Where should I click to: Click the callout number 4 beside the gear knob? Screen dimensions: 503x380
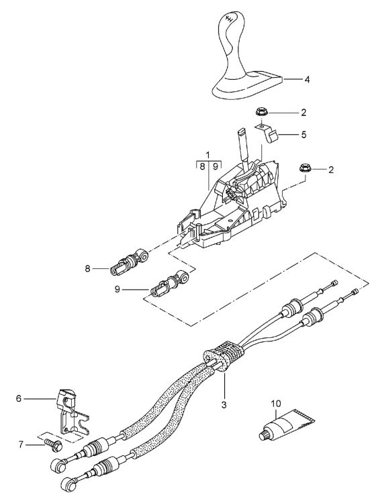pyautogui.click(x=307, y=79)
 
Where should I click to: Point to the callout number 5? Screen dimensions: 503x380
pyautogui.click(x=303, y=135)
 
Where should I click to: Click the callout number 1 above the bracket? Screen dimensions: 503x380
pyautogui.click(x=208, y=154)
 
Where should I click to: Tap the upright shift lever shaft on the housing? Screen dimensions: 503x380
pyautogui.click(x=242, y=142)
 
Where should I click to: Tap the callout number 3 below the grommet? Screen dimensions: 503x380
pyautogui.click(x=224, y=405)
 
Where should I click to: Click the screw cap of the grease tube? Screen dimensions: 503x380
pyautogui.click(x=264, y=437)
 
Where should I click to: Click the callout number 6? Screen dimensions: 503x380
pyautogui.click(x=19, y=398)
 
